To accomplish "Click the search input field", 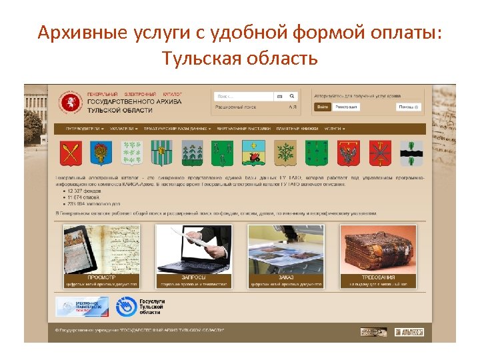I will coord(245,96).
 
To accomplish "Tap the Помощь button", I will coord(409,107).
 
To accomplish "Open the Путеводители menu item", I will coord(85,129).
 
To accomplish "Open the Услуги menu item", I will coord(334,129).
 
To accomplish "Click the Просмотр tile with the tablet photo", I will coord(101,256).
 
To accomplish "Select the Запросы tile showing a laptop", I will coord(193,256).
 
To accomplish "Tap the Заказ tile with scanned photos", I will coord(286,256).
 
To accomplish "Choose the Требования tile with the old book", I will coord(378,256).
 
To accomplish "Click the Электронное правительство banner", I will coord(81,307).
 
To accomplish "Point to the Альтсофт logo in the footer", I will coord(409,332).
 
